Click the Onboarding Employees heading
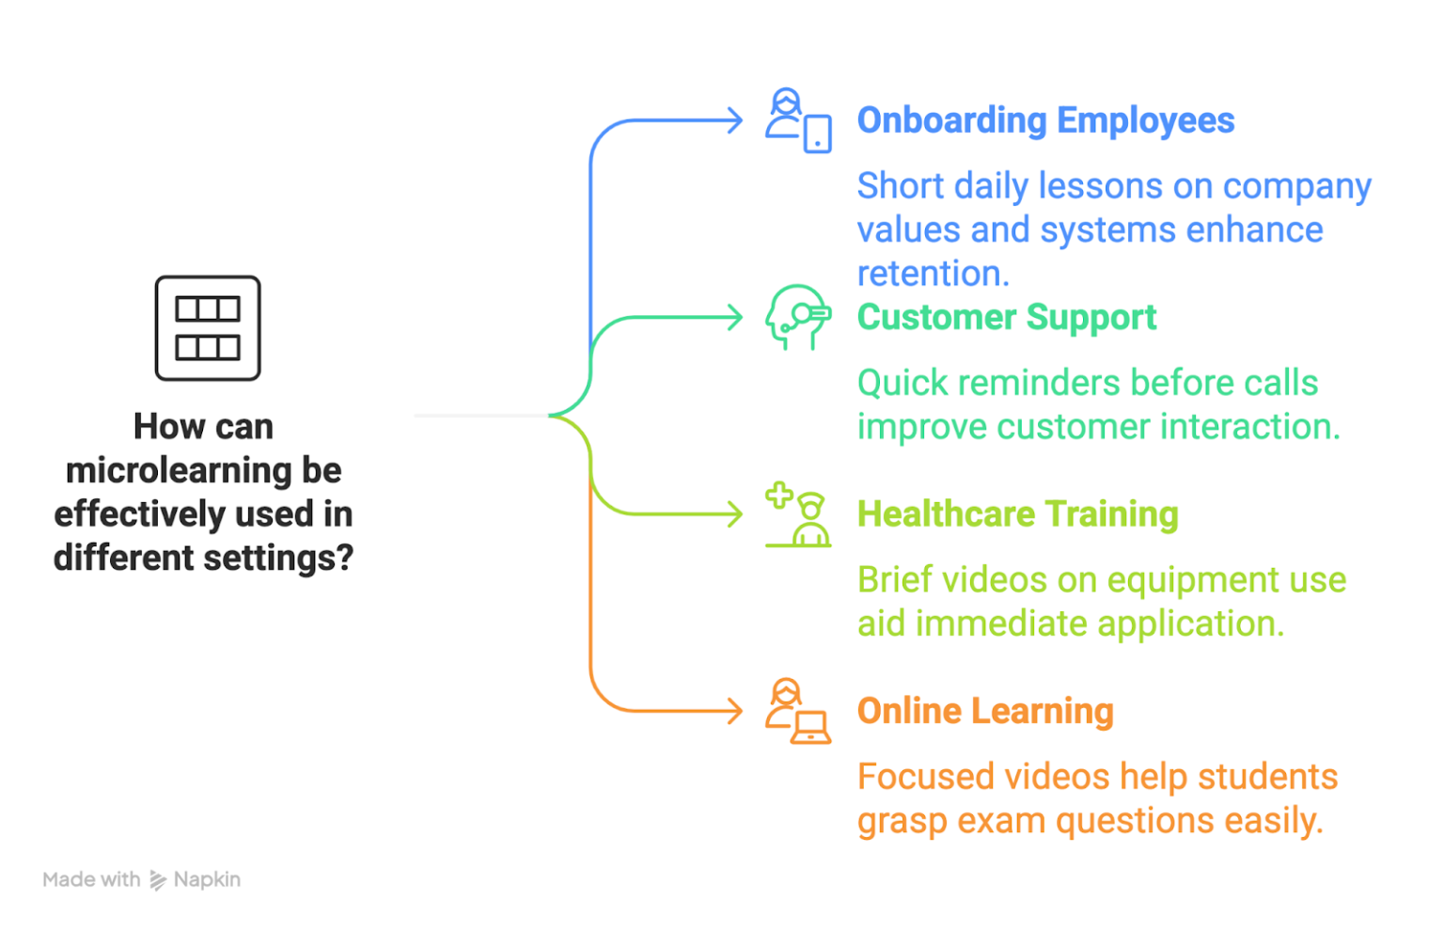(x=1045, y=121)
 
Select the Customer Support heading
(x=1006, y=318)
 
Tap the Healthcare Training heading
(x=1017, y=514)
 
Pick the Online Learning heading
(x=985, y=711)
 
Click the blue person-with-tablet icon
(x=798, y=121)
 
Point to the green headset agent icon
(x=798, y=318)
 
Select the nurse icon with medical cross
(x=798, y=515)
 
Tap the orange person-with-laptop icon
(x=798, y=712)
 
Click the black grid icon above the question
(x=208, y=328)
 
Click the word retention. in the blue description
(x=933, y=274)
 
